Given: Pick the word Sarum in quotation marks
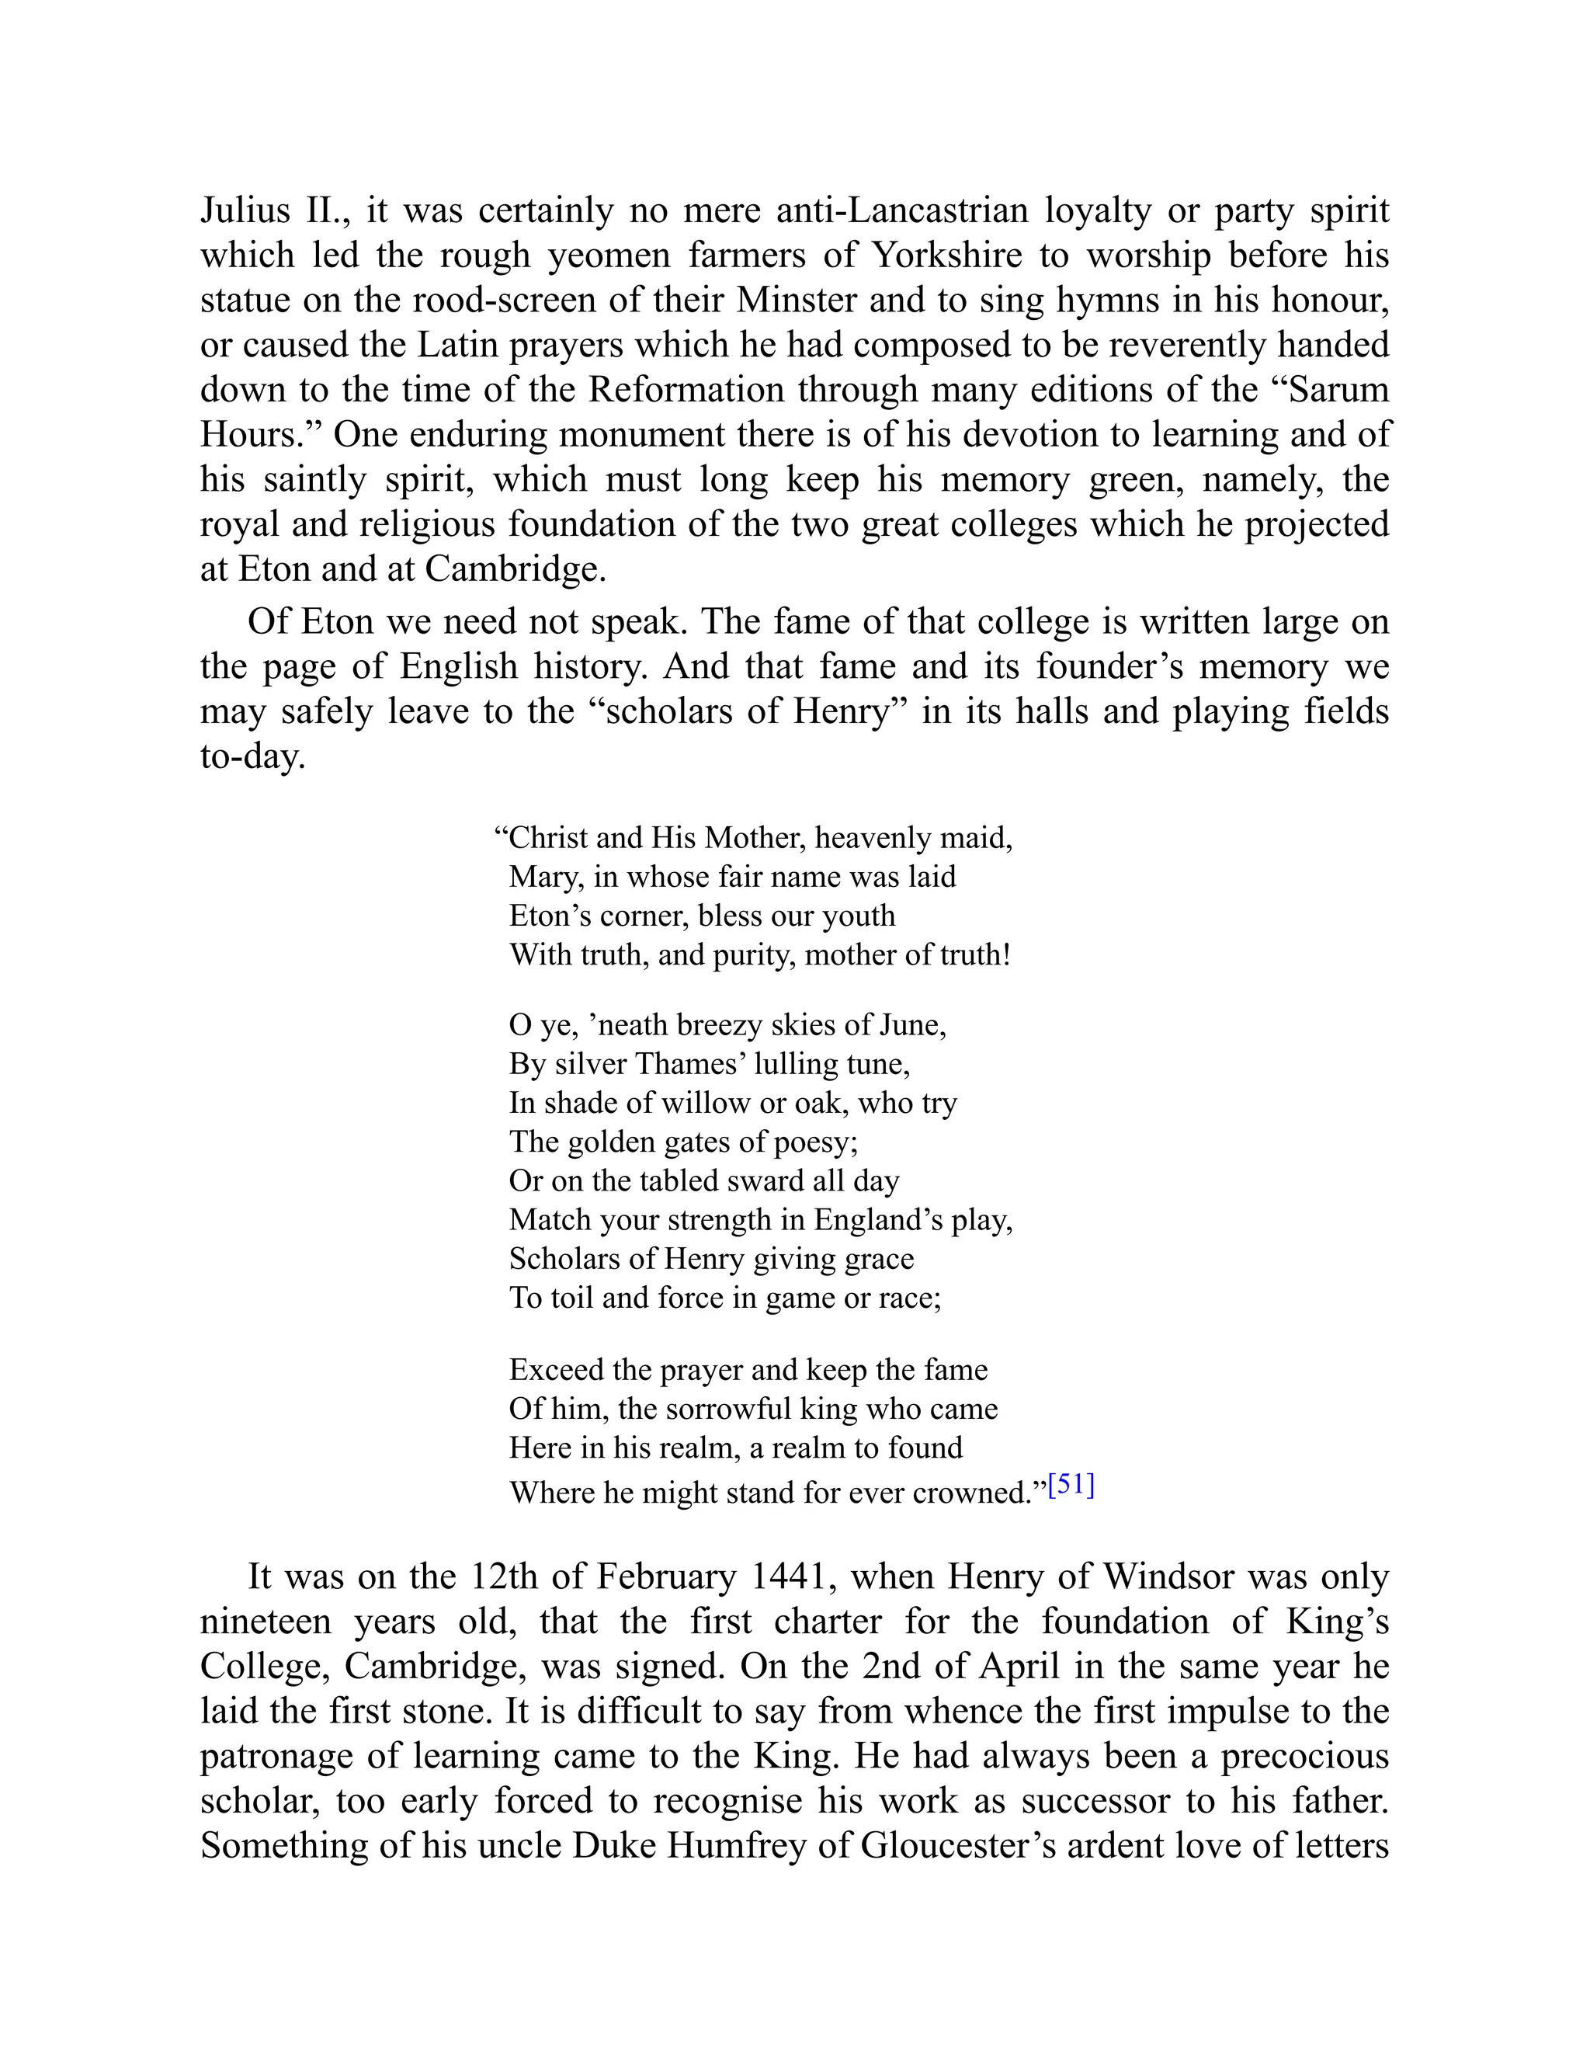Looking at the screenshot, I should point(1337,389).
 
